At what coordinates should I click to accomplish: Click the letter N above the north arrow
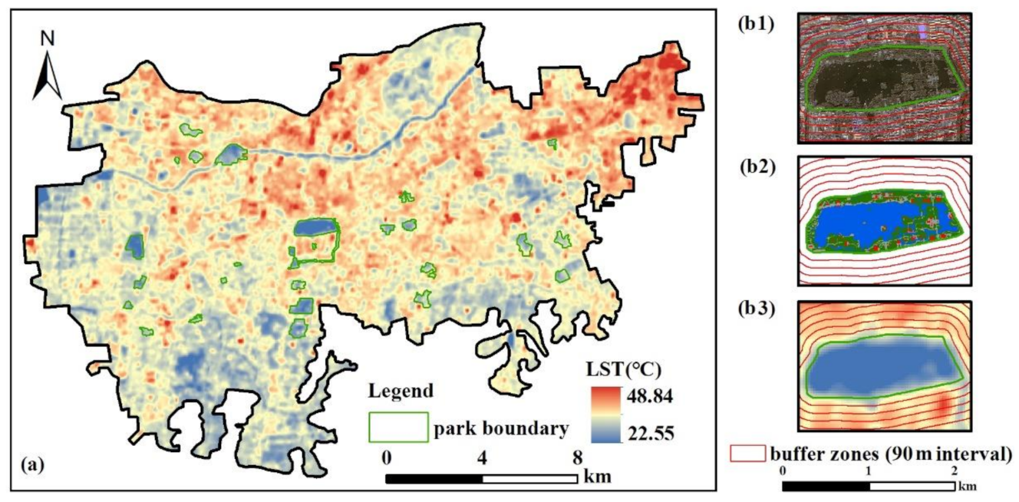pos(47,37)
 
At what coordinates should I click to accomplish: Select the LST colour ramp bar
pos(603,415)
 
